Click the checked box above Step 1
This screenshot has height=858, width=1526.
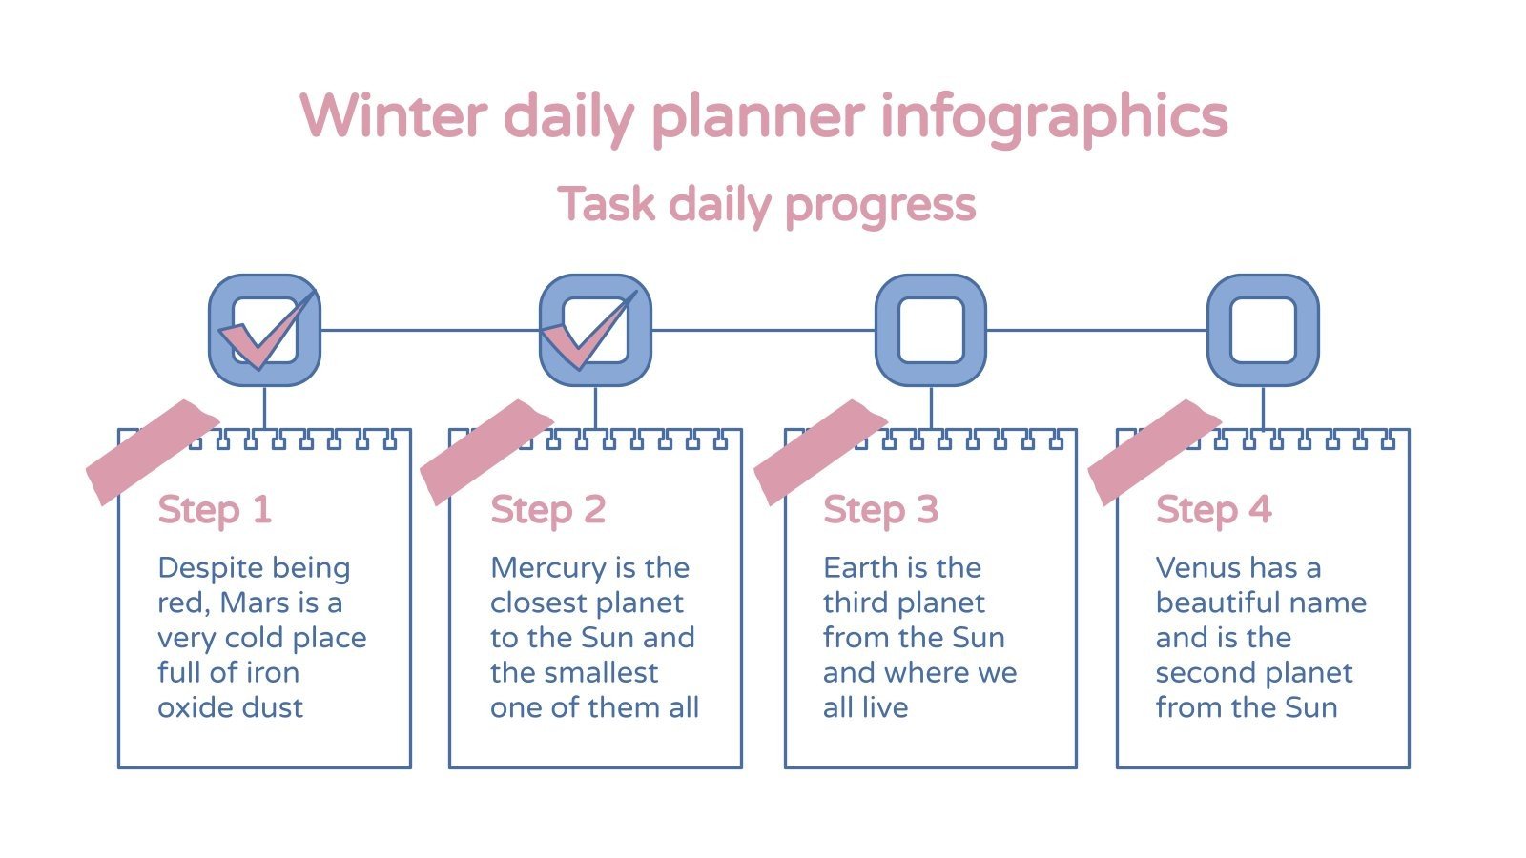[264, 331]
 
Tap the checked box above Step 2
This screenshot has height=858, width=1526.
[595, 331]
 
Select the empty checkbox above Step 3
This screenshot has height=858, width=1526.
[930, 331]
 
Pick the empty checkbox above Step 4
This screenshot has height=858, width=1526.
[1263, 331]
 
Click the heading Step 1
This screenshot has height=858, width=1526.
[216, 509]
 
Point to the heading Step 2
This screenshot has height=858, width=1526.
[548, 509]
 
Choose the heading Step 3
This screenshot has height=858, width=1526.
[881, 509]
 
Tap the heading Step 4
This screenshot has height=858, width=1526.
[1213, 509]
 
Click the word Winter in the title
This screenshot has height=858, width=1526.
[393, 116]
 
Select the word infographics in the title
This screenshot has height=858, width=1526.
[1053, 116]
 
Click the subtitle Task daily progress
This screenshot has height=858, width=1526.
[767, 204]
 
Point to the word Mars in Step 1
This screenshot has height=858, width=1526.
[255, 603]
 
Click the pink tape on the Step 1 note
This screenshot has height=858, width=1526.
[152, 451]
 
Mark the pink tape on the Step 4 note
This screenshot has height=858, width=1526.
[1153, 451]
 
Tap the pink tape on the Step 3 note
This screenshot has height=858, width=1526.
[819, 451]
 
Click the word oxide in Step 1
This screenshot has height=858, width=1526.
[195, 707]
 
